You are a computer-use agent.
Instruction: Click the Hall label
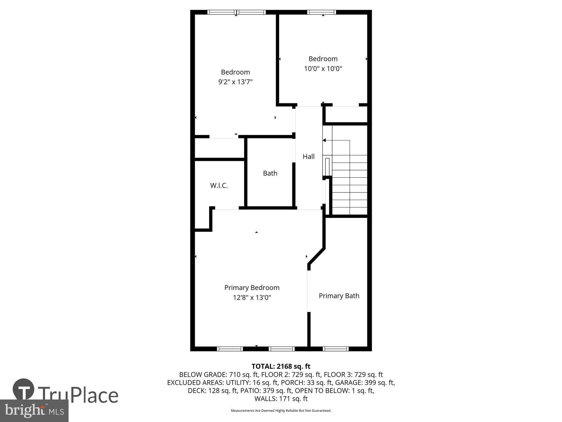click(308, 156)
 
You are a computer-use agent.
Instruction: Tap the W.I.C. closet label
click(219, 185)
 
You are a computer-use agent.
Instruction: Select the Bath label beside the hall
click(270, 173)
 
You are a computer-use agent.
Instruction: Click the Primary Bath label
click(339, 296)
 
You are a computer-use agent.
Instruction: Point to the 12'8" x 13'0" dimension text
click(252, 297)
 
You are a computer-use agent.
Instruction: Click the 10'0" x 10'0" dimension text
click(323, 68)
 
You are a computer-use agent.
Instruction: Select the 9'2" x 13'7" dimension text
click(235, 82)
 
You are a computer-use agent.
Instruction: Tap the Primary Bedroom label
click(252, 288)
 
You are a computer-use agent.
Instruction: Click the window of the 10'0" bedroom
click(321, 12)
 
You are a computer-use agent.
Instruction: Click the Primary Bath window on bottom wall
click(336, 349)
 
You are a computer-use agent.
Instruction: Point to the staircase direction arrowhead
click(324, 140)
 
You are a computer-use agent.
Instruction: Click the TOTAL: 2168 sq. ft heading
click(281, 366)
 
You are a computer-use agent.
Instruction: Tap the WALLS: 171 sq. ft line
click(281, 399)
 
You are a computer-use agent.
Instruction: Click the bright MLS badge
click(34, 411)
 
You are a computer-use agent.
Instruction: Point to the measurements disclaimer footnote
click(281, 411)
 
